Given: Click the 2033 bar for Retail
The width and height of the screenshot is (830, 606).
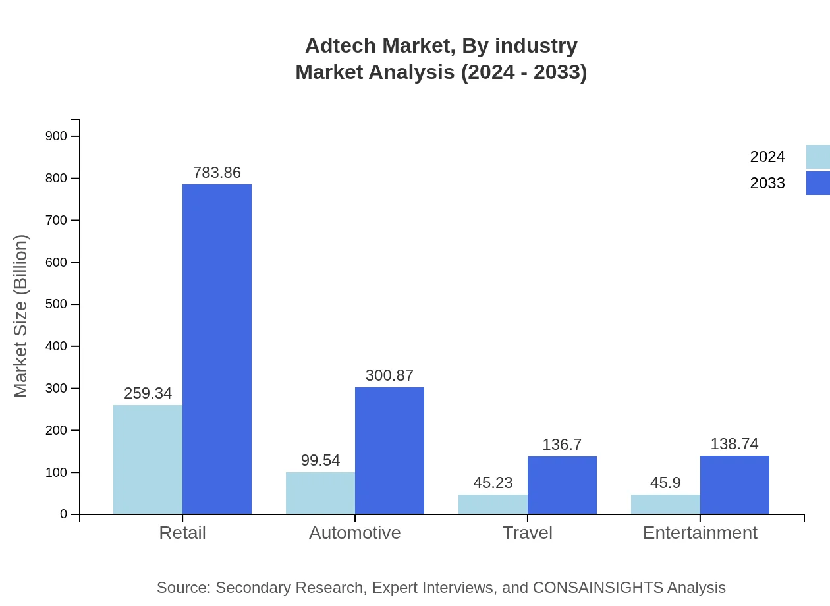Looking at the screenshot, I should [217, 349].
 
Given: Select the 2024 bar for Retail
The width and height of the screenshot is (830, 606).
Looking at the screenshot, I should [148, 459].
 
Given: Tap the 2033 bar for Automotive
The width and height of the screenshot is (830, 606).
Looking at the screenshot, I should [389, 451].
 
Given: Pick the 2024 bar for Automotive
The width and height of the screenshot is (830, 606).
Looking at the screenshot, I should [320, 493].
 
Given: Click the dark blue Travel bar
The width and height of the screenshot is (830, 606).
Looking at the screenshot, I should [562, 485].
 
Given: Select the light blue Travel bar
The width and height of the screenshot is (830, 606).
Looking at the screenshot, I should [493, 504].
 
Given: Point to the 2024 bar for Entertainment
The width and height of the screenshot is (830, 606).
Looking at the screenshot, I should [665, 504].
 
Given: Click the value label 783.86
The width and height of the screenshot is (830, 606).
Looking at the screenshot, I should [217, 173].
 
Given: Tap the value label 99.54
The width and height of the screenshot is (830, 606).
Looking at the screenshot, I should [320, 460].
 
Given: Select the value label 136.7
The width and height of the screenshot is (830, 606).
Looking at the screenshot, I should [562, 445].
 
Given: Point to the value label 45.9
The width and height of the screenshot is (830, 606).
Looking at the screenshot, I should [665, 483].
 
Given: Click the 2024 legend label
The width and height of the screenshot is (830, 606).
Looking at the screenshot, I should [767, 157].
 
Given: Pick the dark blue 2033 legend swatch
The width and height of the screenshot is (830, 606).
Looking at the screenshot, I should [817, 183].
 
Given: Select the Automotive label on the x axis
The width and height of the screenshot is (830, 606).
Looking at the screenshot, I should [354, 532].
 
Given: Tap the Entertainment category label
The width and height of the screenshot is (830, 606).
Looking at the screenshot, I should [700, 532].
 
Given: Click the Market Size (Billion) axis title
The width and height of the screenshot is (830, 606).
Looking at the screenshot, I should [21, 316].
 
